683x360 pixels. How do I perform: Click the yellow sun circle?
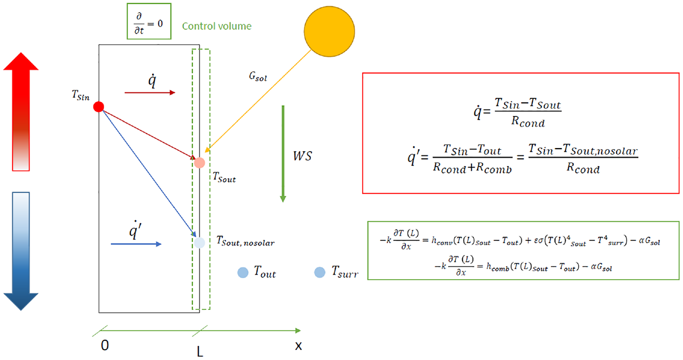pyautogui.click(x=329, y=32)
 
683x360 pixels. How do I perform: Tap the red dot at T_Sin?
pyautogui.click(x=98, y=106)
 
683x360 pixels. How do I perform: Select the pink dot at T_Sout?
pyautogui.click(x=199, y=163)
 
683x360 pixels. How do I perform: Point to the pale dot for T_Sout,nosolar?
pyautogui.click(x=199, y=243)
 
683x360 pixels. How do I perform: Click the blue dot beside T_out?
pyautogui.click(x=243, y=272)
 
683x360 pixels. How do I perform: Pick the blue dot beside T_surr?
pyautogui.click(x=319, y=272)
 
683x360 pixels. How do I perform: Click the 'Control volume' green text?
pyautogui.click(x=217, y=26)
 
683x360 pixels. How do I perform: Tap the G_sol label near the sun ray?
pyautogui.click(x=258, y=76)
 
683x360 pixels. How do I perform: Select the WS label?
pyautogui.click(x=302, y=156)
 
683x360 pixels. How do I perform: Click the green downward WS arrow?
pyautogui.click(x=283, y=154)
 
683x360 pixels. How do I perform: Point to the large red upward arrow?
pyautogui.click(x=21, y=111)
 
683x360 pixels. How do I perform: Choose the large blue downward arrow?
pyautogui.click(x=21, y=251)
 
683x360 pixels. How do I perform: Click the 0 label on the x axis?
pyautogui.click(x=104, y=345)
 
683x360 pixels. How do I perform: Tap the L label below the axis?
pyautogui.click(x=200, y=352)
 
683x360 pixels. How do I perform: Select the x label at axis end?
pyautogui.click(x=298, y=346)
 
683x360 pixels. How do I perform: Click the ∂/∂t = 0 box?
pyautogui.click(x=149, y=21)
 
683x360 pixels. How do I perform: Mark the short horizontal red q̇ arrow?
pyautogui.click(x=150, y=92)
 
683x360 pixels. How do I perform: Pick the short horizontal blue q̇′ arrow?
pyautogui.click(x=136, y=244)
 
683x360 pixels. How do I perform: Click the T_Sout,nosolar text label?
pyautogui.click(x=246, y=241)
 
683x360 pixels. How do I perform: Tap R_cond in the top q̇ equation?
pyautogui.click(x=528, y=122)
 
